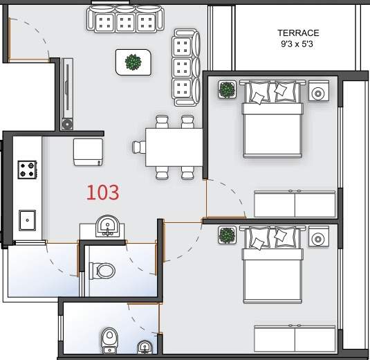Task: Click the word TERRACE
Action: pos(298,33)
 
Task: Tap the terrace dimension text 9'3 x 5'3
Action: pos(297,44)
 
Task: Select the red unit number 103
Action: pos(103,192)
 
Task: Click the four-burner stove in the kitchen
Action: pos(27,170)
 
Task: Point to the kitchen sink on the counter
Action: pos(28,220)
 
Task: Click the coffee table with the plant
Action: pos(133,62)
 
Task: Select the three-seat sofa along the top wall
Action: pos(125,19)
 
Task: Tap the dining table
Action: pos(174,147)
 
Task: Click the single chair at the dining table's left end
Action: pos(139,147)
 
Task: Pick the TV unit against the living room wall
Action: pos(67,94)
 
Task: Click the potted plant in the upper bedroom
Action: pos(227,89)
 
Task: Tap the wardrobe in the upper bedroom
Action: pos(295,204)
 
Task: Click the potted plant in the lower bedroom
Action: pos(227,235)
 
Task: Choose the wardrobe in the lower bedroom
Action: pos(295,339)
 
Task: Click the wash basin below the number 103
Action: pos(108,226)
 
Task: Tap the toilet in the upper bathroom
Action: pos(102,271)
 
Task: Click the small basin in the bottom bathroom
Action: pos(145,347)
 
